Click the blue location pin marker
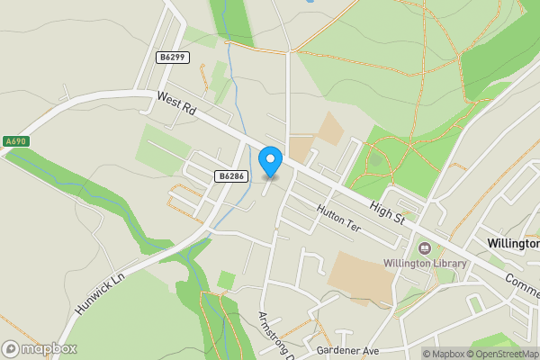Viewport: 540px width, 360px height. point(270,161)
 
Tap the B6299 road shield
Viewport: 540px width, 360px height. point(172,57)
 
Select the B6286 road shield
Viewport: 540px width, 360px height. point(231,176)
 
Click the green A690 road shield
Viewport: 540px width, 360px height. point(15,141)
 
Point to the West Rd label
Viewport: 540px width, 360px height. point(175,106)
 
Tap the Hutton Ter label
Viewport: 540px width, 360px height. point(338,218)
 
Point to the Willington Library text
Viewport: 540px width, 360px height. point(426,264)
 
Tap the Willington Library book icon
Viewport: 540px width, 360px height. point(424,247)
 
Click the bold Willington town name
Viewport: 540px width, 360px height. point(512,244)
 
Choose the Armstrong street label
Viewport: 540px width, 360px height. point(275,336)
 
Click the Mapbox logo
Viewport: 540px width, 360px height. point(39,348)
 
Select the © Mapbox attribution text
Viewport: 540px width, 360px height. point(443,353)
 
